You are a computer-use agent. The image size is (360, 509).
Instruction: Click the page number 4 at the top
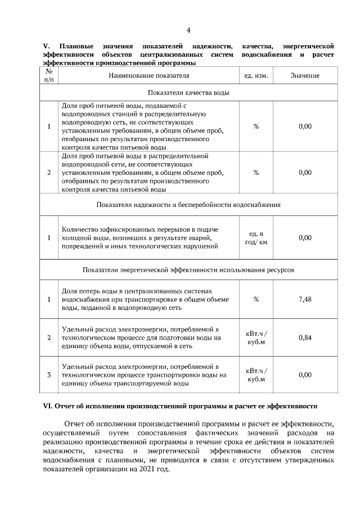pos(188,30)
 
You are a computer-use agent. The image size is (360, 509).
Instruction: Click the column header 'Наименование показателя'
pos(149,75)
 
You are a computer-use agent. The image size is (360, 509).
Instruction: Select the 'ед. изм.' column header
pos(256,75)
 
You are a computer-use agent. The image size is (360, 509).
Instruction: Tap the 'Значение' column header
pos(305,75)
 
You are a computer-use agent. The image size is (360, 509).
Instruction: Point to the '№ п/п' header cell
pos(48,75)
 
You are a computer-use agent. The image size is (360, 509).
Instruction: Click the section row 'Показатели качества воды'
pos(188,92)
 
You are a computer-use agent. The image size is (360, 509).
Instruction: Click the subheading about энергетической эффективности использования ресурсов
pos(188,270)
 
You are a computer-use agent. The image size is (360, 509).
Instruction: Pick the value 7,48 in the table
pos(305,299)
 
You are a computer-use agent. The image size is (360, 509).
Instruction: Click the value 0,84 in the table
pos(305,337)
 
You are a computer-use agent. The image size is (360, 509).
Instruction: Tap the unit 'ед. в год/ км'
pos(256,238)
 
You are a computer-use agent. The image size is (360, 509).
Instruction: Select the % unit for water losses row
pos(256,299)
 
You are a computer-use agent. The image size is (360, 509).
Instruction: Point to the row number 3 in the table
pos(48,375)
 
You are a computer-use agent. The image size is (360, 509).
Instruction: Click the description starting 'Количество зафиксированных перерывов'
pos(140,238)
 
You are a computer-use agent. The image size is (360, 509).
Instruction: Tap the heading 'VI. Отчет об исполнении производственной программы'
pos(181,406)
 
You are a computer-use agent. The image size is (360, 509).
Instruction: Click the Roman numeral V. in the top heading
pos(47,45)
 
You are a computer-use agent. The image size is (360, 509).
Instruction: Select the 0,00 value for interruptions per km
pos(305,238)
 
